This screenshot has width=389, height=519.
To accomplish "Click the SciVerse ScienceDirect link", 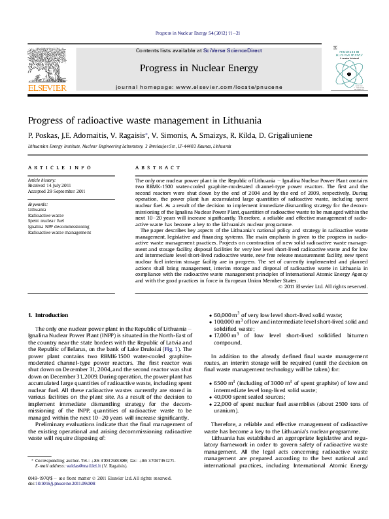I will (232, 50).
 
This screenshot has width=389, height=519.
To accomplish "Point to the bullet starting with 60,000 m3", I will (272, 315).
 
